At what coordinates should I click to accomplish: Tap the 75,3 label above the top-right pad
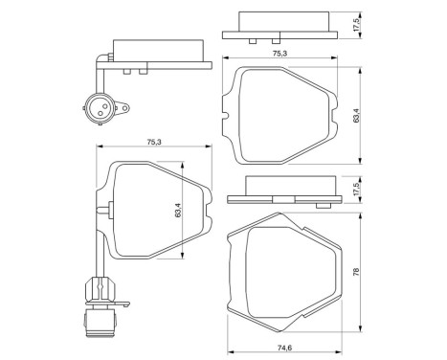pyautogui.click(x=279, y=55)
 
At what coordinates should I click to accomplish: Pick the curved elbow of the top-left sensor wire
pyautogui.click(x=101, y=59)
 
